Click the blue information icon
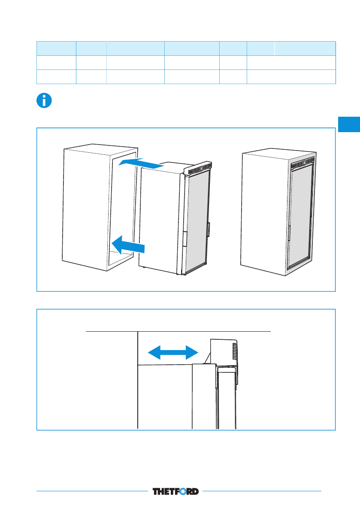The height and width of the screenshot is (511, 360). (x=44, y=100)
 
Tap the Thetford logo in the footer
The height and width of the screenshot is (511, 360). (x=175, y=491)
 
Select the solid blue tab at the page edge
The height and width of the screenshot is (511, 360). (x=349, y=124)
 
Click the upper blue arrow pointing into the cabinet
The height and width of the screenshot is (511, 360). (x=141, y=163)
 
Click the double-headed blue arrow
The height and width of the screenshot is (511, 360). (x=173, y=352)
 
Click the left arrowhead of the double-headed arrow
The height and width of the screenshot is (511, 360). (x=154, y=352)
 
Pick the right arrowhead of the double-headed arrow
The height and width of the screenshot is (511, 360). (x=192, y=352)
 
